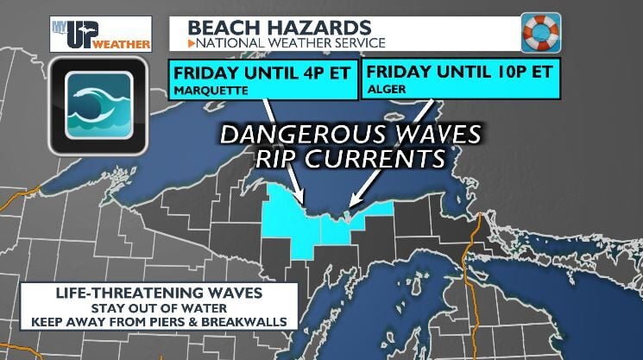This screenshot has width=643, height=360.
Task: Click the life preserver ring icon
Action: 541,32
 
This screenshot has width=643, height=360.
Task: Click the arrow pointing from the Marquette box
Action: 283,151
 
